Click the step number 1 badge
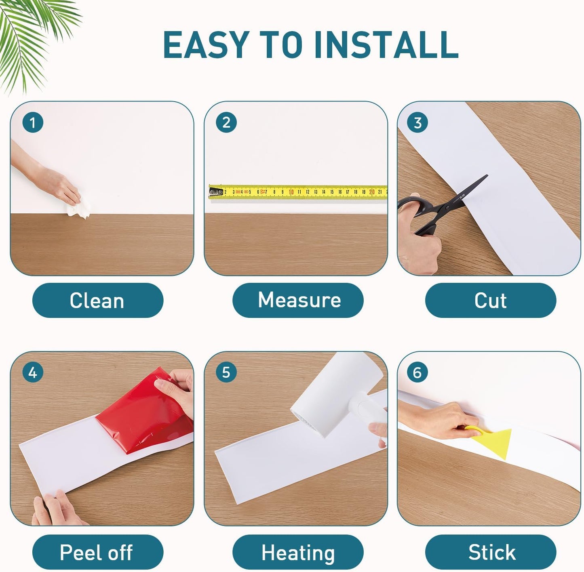[x=33, y=122]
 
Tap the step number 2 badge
[x=226, y=122]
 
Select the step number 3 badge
[x=417, y=122]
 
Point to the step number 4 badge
[x=33, y=372]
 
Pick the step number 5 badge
[x=226, y=372]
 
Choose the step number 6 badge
[x=417, y=372]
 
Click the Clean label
[x=97, y=300]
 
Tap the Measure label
[x=298, y=300]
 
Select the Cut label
[x=491, y=300]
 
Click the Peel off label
[x=97, y=552]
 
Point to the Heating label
[x=298, y=552]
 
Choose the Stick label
[x=491, y=552]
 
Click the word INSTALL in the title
[x=386, y=44]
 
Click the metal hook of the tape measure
[x=216, y=192]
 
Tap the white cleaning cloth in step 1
[x=79, y=208]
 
